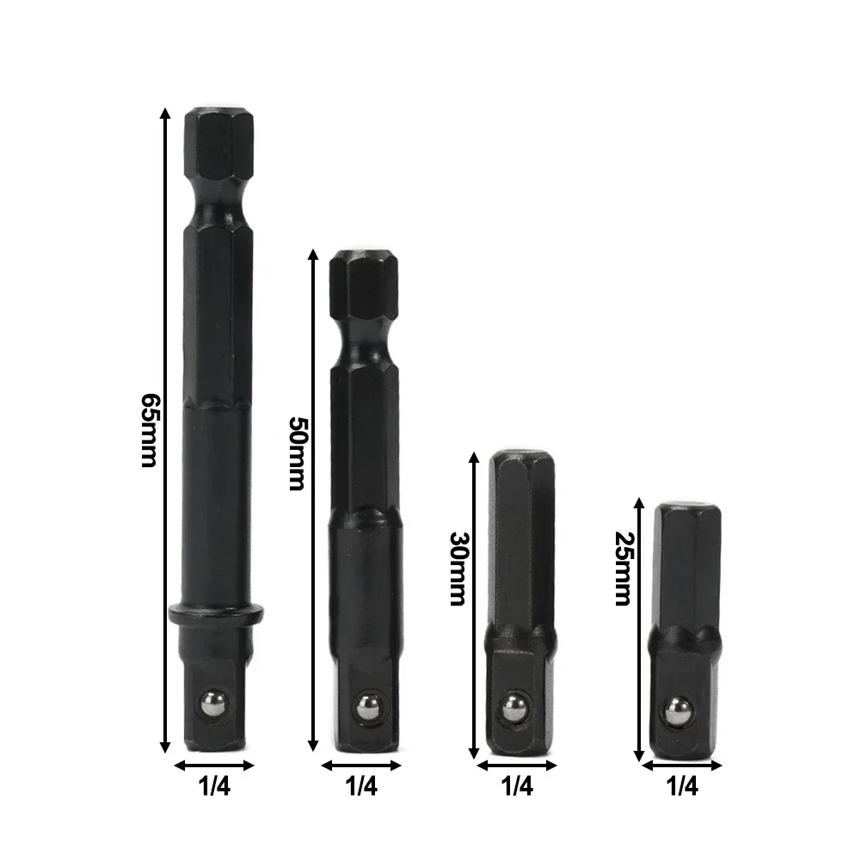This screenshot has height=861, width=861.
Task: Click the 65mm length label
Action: pos(147,431)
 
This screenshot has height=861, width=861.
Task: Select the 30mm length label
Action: pos(458,569)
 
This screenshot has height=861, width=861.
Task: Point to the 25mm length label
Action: pos(622,569)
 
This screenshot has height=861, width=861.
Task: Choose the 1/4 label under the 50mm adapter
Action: pos(362,784)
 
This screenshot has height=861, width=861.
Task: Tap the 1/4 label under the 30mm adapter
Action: pos(517,784)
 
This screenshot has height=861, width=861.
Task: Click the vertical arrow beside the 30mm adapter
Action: pos(472,602)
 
